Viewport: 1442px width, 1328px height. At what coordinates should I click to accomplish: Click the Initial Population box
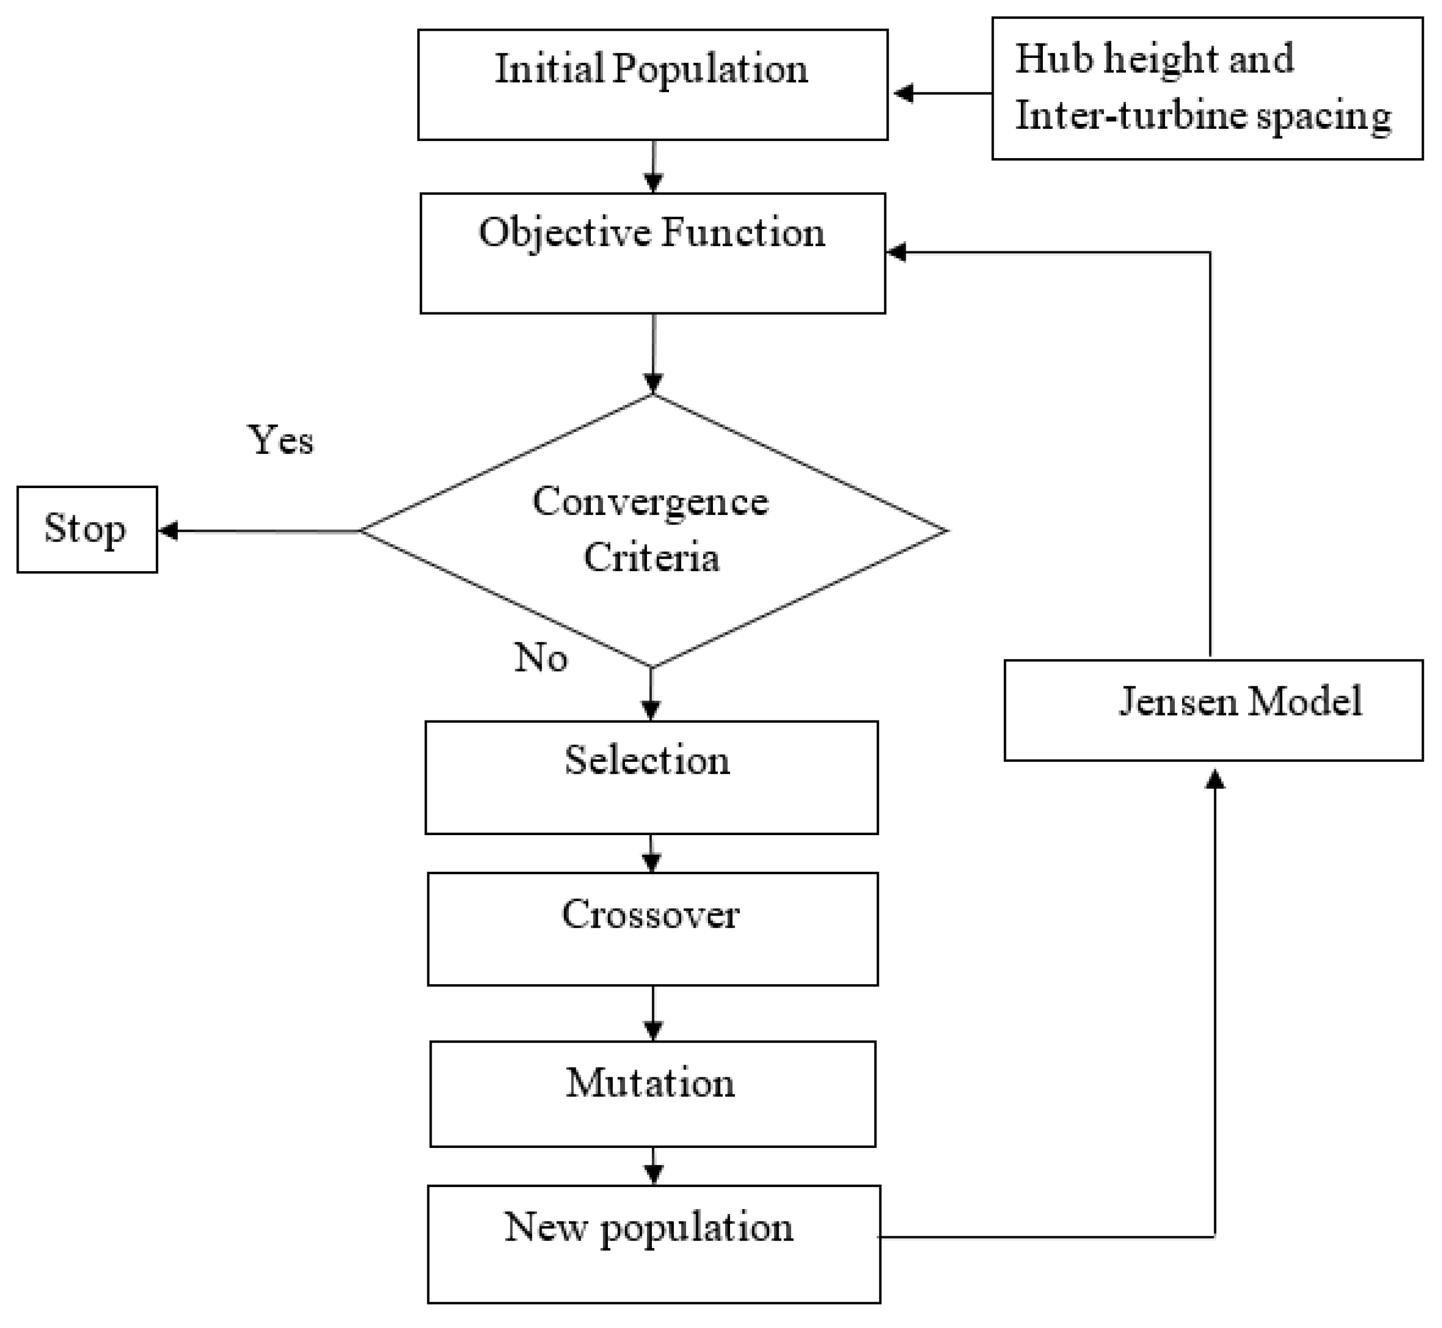tap(652, 84)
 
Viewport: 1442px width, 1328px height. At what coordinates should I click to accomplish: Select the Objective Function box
tap(652, 253)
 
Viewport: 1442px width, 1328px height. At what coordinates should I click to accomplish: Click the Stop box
tap(87, 530)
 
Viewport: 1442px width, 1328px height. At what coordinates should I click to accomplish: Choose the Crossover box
tap(652, 929)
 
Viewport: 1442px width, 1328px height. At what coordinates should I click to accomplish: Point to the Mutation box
tap(652, 1094)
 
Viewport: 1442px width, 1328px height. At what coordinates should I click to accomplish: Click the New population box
tap(653, 1245)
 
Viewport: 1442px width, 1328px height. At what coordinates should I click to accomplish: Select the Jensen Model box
tap(1213, 711)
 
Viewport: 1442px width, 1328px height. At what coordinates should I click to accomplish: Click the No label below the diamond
tap(540, 657)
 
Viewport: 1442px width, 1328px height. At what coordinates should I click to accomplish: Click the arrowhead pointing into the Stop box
tap(167, 531)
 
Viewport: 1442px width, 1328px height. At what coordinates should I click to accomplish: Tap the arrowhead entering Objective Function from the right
tap(897, 252)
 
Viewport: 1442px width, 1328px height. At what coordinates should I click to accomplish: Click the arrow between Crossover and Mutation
tap(652, 1013)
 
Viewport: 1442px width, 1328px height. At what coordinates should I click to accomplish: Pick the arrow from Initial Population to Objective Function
tap(652, 167)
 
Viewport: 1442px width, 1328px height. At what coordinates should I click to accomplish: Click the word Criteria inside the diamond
tap(651, 557)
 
